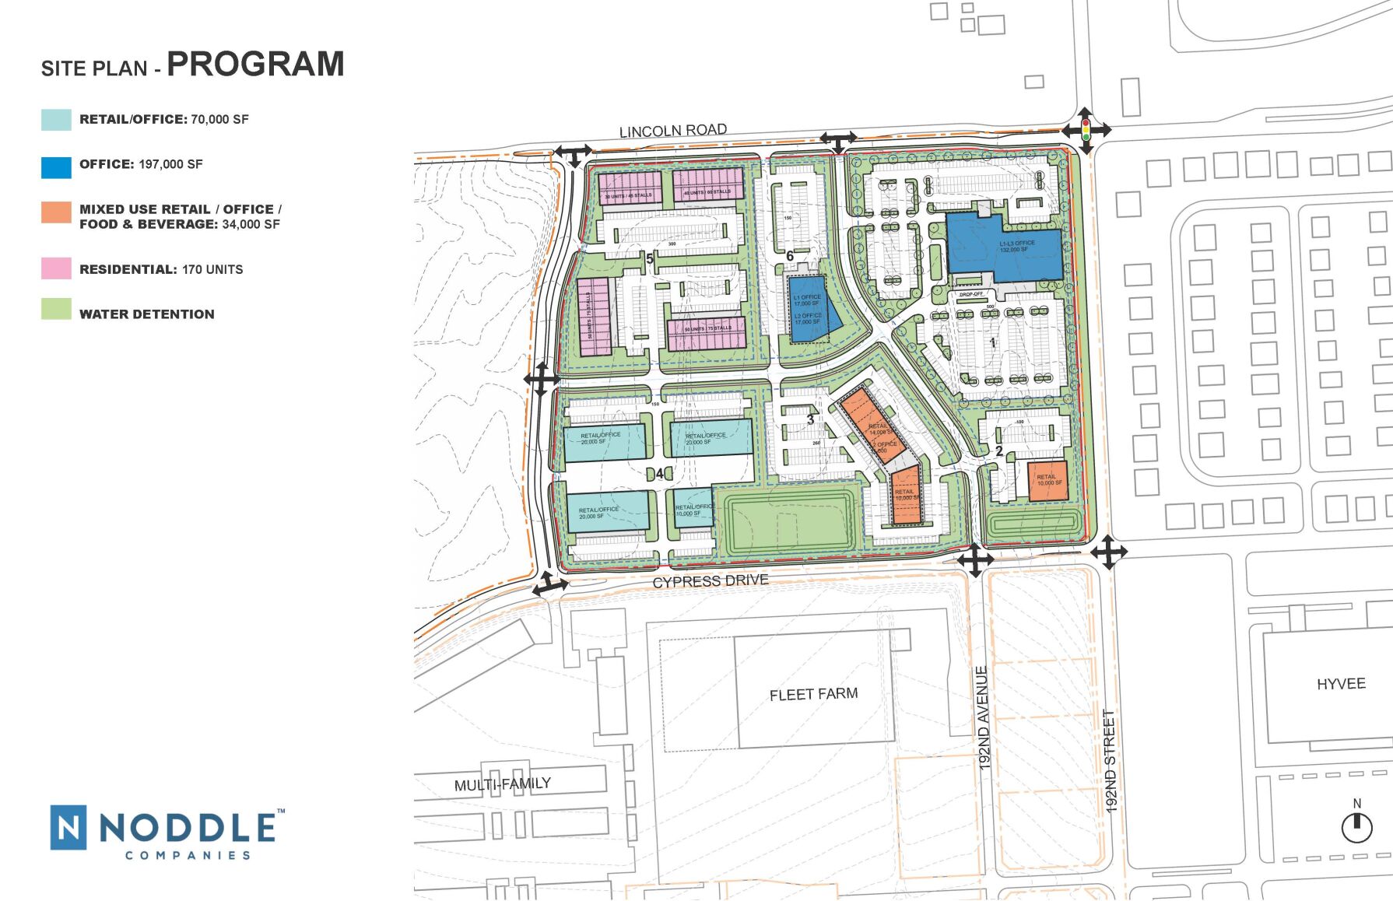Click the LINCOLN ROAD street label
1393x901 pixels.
click(672, 131)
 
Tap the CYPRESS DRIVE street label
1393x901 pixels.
click(710, 581)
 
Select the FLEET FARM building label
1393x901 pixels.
click(813, 694)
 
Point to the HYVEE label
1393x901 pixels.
click(1341, 684)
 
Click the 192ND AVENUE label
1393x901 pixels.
click(983, 717)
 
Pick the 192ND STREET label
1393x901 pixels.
click(1110, 761)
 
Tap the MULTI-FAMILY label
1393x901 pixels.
click(503, 784)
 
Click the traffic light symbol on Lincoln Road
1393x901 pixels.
click(1086, 129)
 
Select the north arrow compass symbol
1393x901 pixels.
click(1356, 826)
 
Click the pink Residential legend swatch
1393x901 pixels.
click(56, 268)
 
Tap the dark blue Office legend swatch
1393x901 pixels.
click(56, 167)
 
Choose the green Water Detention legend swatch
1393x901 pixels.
click(56, 310)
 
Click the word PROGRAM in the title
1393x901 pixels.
click(255, 64)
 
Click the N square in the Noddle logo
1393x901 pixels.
click(68, 827)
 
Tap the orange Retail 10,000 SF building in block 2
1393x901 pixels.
click(1047, 481)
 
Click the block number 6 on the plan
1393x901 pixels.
click(790, 256)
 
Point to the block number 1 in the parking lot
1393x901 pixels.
click(992, 342)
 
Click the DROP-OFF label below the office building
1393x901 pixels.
click(970, 294)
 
